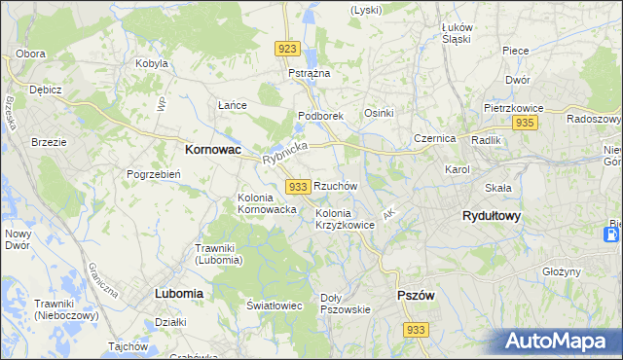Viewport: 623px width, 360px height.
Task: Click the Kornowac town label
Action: coord(213,151)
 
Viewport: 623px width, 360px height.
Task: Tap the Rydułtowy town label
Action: coord(491,217)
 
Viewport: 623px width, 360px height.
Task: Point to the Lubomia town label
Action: coord(178,293)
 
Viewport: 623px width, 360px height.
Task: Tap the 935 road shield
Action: coord(526,123)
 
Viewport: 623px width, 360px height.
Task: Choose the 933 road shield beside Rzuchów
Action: coord(299,186)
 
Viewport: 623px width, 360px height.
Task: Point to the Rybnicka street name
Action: coord(284,154)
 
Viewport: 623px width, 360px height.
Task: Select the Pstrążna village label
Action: coord(310,73)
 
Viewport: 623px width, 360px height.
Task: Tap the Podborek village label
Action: coord(320,116)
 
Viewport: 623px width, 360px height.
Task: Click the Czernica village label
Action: coord(434,138)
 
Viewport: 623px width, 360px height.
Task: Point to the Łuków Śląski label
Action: coord(456,33)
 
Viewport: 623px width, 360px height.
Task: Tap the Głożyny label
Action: coord(562,272)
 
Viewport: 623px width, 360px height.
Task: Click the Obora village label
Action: coord(31,53)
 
